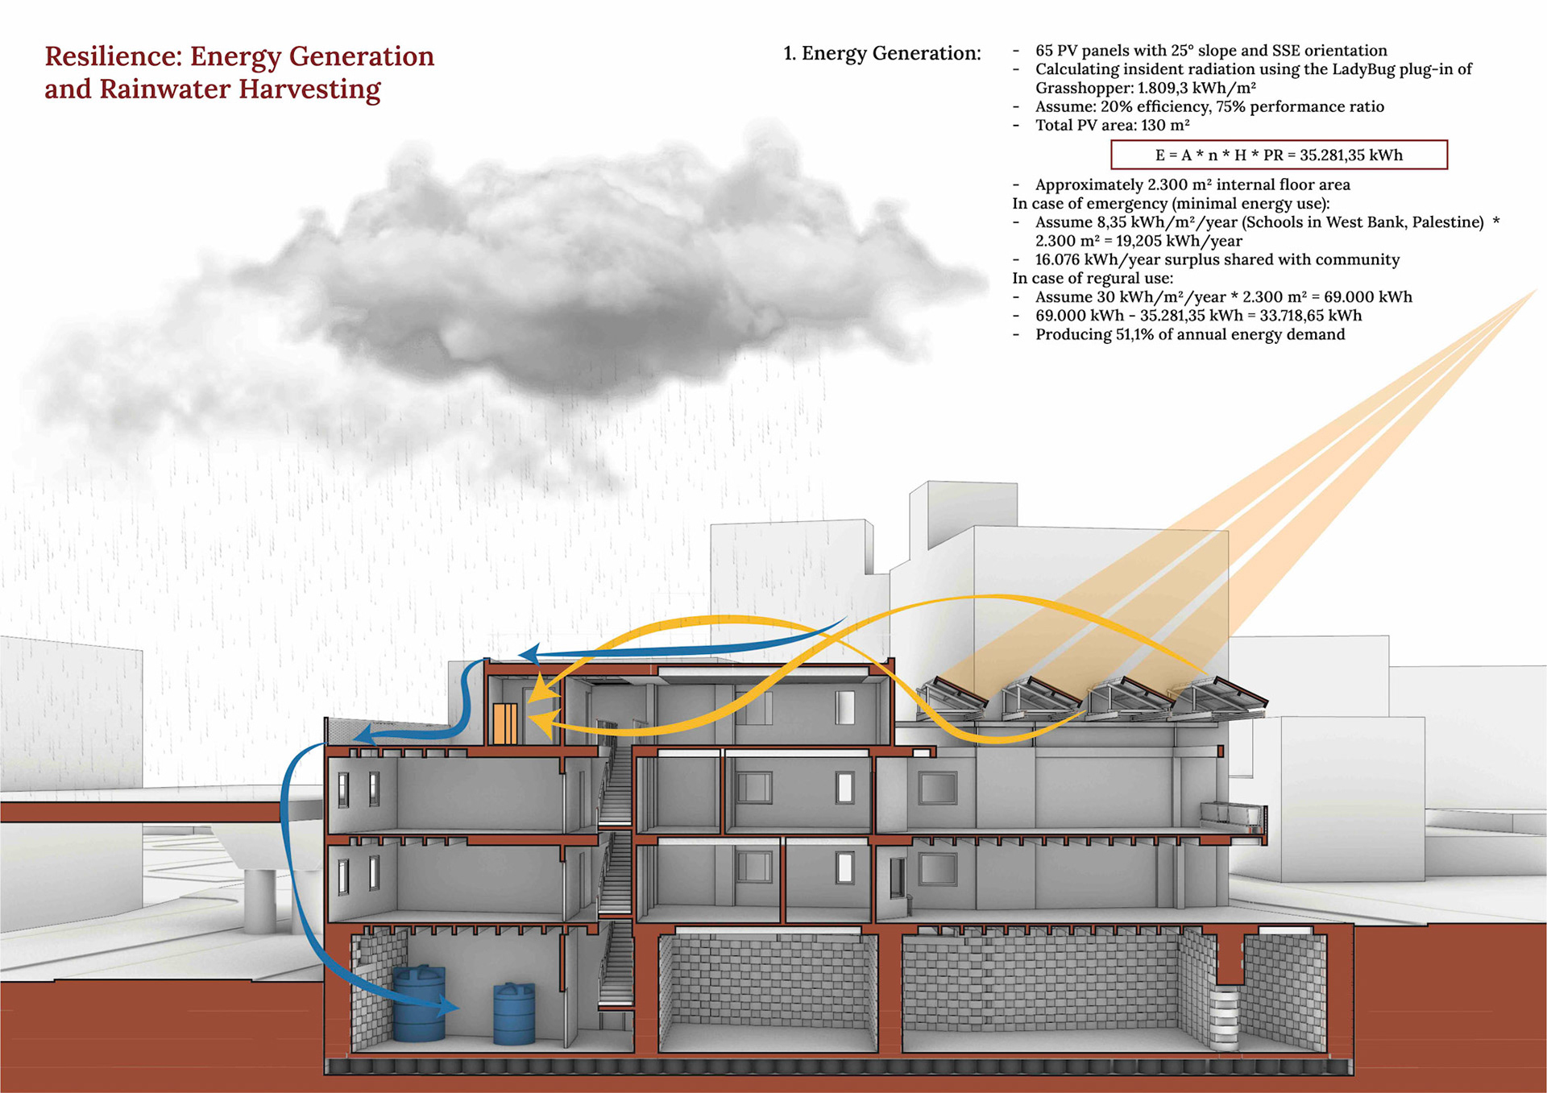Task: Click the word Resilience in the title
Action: [113, 56]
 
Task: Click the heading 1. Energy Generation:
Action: [882, 53]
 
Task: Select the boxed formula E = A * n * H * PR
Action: [1279, 155]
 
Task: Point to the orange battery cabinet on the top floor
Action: [505, 722]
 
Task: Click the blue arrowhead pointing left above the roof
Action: [529, 654]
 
